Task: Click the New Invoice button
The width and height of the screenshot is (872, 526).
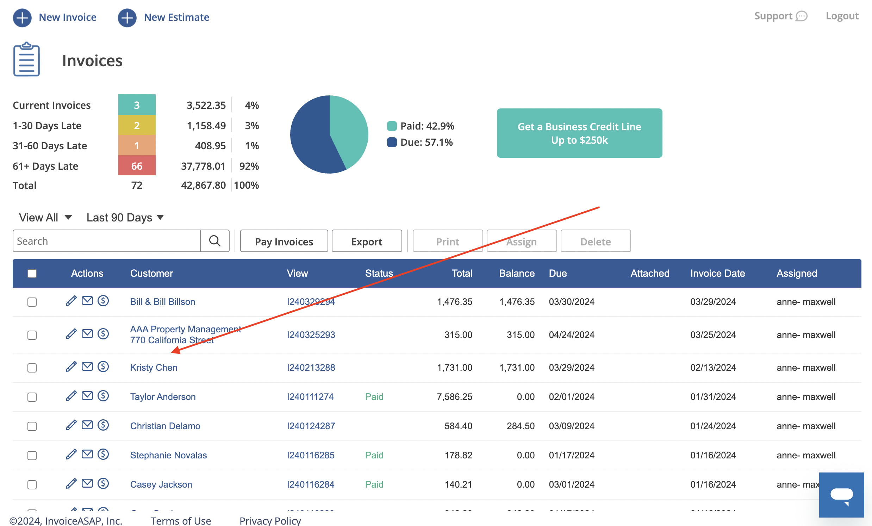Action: tap(55, 17)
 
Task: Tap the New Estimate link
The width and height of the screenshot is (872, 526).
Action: tap(163, 17)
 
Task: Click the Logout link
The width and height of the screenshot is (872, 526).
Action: tap(842, 16)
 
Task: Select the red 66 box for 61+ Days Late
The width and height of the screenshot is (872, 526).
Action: tap(137, 166)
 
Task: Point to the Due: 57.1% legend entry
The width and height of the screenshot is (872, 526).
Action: tap(420, 142)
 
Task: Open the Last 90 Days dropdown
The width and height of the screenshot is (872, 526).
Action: tap(125, 218)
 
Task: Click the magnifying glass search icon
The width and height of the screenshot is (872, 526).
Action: tap(214, 241)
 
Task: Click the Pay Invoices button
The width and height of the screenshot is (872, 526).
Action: tap(284, 241)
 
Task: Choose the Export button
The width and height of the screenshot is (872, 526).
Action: tap(366, 241)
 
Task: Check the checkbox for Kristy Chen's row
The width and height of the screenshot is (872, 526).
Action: tap(32, 368)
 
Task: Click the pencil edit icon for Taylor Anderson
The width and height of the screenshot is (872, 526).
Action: tap(71, 396)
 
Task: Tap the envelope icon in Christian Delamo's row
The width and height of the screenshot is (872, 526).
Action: tap(87, 425)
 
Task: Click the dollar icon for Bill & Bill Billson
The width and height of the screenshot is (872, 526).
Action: tap(103, 301)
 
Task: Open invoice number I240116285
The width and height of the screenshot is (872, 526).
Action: tap(310, 455)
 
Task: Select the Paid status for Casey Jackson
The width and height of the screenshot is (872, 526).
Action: tap(374, 484)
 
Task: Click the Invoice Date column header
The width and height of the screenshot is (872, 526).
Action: tap(717, 274)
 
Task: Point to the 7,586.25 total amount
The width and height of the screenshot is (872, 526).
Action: tap(454, 397)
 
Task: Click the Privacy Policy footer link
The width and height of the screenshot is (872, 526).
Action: tap(270, 521)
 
